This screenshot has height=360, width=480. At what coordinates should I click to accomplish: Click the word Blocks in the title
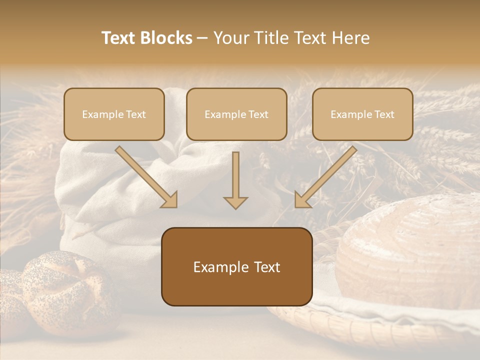166,38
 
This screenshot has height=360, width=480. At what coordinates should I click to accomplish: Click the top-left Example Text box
114,114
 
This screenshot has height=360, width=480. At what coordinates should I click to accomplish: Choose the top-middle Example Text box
236,114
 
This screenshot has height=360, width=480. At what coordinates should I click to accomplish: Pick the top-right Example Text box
362,114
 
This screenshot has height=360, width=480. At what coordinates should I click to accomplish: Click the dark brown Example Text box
236,266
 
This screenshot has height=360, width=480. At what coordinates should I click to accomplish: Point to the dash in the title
202,38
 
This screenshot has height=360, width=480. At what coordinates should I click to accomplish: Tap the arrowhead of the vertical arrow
235,202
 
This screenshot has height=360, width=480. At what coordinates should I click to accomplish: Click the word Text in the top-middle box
258,114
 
